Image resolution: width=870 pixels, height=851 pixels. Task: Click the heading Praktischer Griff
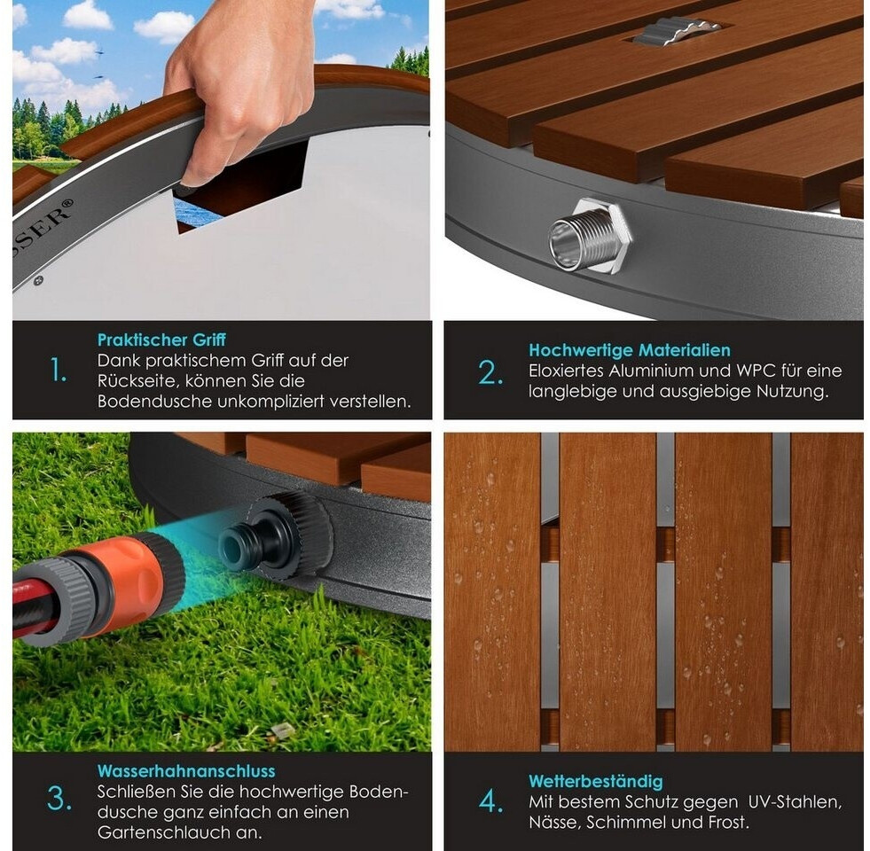161,340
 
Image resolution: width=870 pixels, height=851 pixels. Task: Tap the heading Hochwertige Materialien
629,350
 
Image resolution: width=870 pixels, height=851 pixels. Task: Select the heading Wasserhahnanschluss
186,771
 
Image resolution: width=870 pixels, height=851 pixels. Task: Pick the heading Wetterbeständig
595,782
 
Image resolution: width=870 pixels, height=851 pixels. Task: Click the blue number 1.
58,370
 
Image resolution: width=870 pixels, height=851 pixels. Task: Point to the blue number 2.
490,372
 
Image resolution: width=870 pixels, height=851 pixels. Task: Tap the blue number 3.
59,800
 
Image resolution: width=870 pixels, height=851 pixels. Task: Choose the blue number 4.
491,801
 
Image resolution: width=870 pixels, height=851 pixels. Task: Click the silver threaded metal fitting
589,236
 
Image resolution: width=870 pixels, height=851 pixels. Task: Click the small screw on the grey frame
38,281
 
